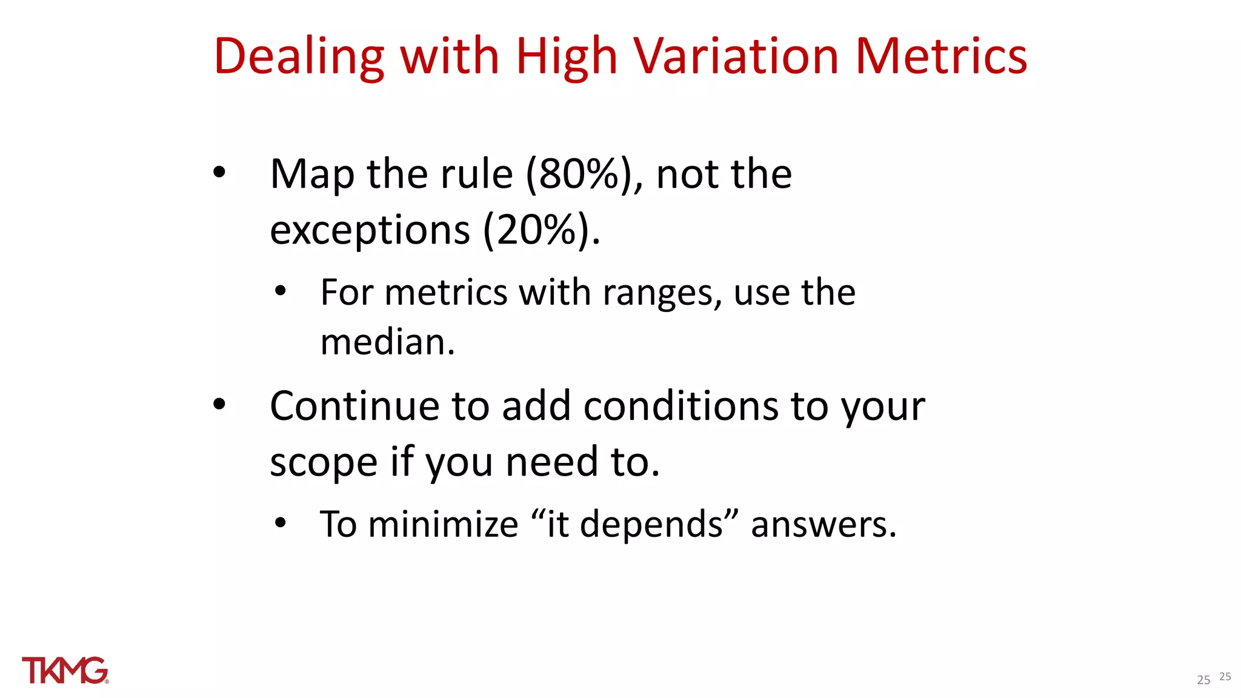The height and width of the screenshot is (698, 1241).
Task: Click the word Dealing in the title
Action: (x=299, y=57)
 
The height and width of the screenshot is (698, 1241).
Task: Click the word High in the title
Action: (x=566, y=57)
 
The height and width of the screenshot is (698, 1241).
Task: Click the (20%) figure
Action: (x=542, y=230)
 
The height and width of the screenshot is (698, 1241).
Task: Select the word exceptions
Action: (x=370, y=230)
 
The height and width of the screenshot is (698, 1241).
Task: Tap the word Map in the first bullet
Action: (x=312, y=174)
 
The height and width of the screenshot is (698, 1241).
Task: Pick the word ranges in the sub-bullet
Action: (x=662, y=293)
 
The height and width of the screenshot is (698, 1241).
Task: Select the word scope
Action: (x=324, y=462)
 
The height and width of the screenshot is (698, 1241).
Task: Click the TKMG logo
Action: (x=65, y=670)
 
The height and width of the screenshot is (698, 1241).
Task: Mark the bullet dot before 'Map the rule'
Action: (x=219, y=173)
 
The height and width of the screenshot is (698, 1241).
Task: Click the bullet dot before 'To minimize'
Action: (x=280, y=522)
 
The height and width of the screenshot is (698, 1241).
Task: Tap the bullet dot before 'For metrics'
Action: (x=280, y=291)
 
